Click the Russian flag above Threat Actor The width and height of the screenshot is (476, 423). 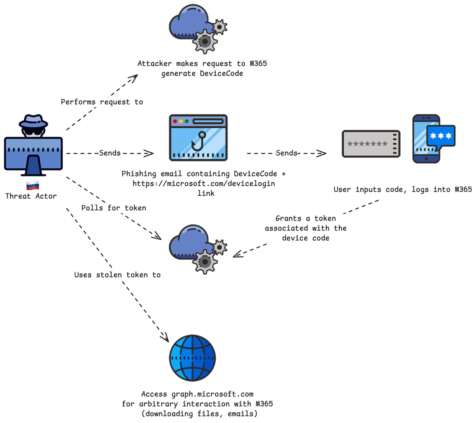33,186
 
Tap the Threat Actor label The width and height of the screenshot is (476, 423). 31,196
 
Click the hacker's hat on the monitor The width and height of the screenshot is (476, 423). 33,121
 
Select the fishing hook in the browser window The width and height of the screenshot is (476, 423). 199,141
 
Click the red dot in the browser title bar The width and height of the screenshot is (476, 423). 175,121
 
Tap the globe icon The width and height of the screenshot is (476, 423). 192,358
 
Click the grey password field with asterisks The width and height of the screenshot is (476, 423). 371,144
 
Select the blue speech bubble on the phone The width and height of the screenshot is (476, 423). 441,136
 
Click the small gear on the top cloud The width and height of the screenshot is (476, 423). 219,27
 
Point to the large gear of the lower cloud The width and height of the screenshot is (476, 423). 205,262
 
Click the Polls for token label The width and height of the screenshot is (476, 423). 113,208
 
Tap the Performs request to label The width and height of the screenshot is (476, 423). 102,102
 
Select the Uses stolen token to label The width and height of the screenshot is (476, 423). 117,275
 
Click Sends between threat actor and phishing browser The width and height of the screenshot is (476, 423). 110,153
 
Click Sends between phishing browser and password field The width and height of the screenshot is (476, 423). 286,153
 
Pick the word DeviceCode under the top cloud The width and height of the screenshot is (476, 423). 221,74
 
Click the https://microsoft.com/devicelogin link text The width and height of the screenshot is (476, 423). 204,184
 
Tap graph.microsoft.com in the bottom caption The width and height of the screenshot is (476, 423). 212,394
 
